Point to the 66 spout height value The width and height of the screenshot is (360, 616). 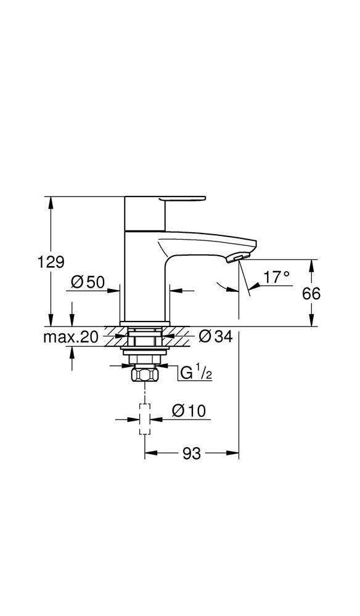tap(312, 294)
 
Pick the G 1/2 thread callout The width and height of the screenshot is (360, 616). tap(196, 372)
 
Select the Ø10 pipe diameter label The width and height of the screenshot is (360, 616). tap(188, 410)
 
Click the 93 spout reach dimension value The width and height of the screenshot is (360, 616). tap(192, 454)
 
